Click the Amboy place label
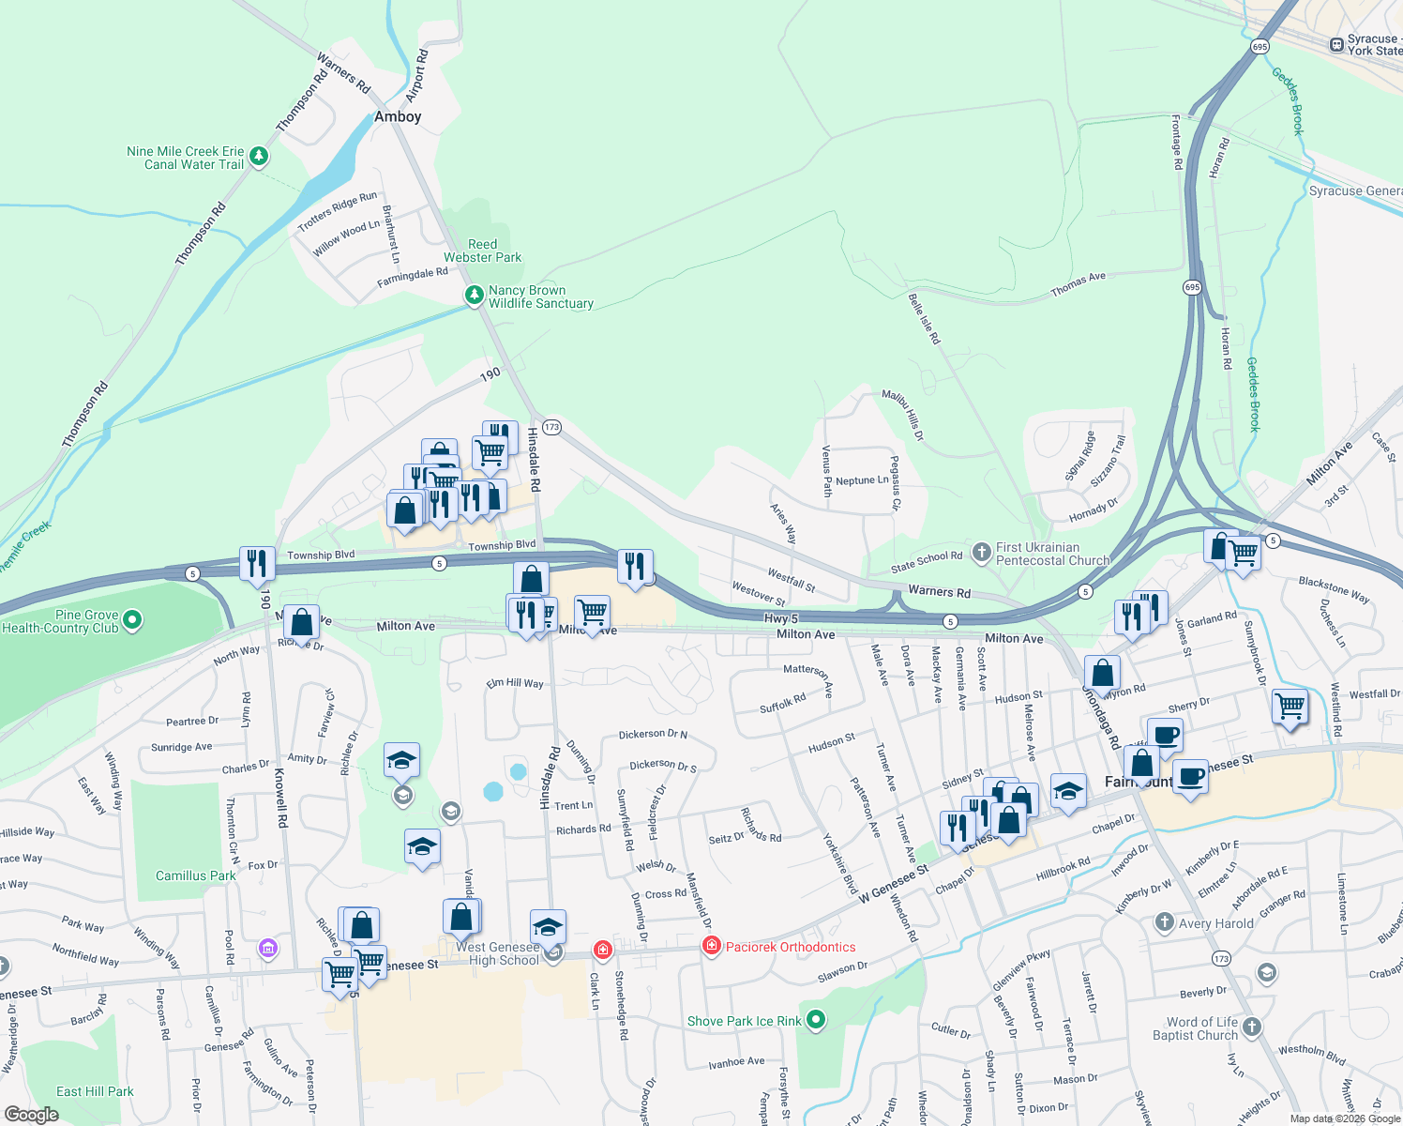(x=398, y=117)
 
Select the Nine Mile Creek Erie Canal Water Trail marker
(x=260, y=157)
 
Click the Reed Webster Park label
(x=482, y=251)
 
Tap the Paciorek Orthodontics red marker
(x=712, y=946)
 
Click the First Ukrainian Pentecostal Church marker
(x=982, y=553)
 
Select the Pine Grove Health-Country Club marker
(x=132, y=619)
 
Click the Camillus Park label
(x=196, y=875)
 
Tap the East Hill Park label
(x=95, y=1091)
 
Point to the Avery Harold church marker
(x=1165, y=922)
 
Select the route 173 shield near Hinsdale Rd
(x=551, y=427)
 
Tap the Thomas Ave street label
(x=1078, y=284)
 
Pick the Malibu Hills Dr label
(x=902, y=416)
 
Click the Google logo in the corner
(x=31, y=1114)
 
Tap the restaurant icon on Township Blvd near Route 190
(x=257, y=563)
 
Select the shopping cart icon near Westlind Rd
(x=1290, y=706)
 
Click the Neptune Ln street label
(x=861, y=480)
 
